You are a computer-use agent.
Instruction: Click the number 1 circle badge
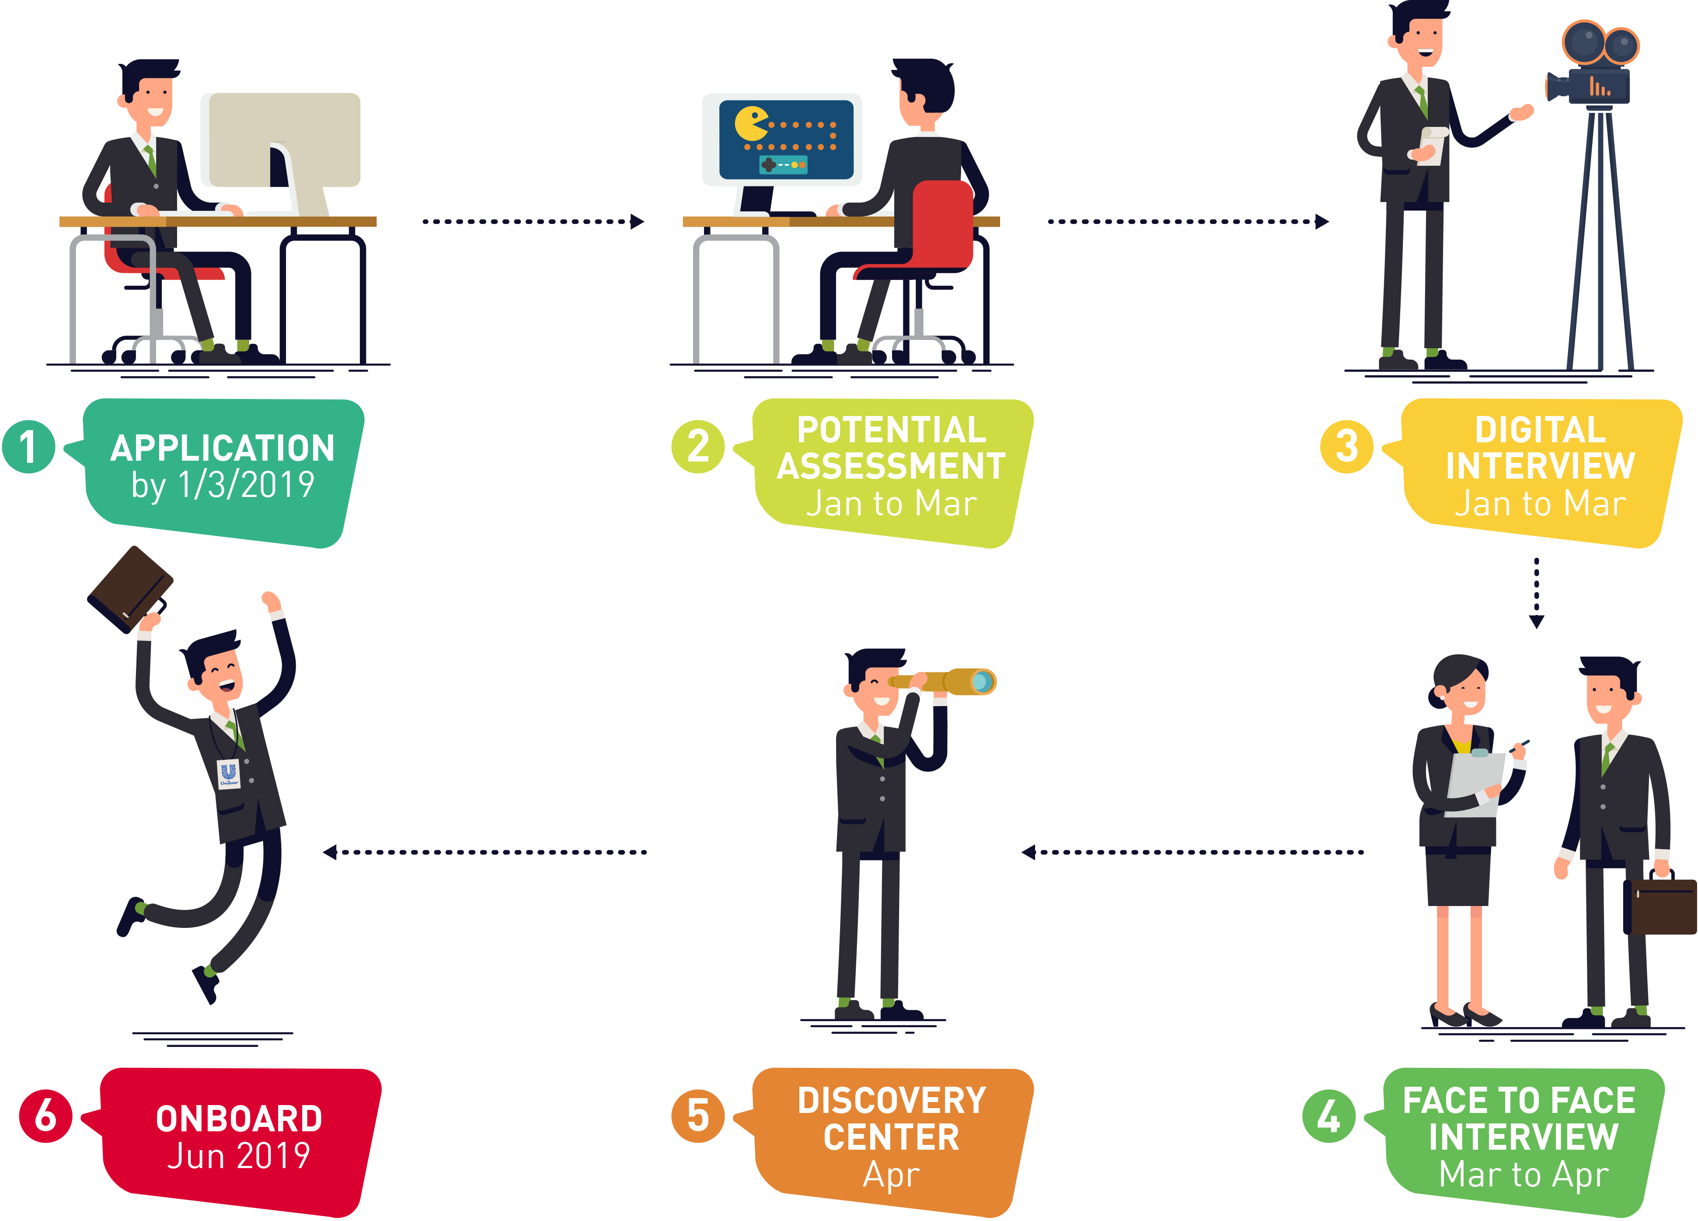[x=28, y=447]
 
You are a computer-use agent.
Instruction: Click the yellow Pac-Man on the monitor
[x=751, y=124]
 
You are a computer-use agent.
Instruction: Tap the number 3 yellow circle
[x=1346, y=447]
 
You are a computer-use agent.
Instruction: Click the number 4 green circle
[x=1329, y=1116]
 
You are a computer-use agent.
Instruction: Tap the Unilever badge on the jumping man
[x=228, y=773]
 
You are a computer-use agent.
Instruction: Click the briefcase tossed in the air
[x=130, y=589]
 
